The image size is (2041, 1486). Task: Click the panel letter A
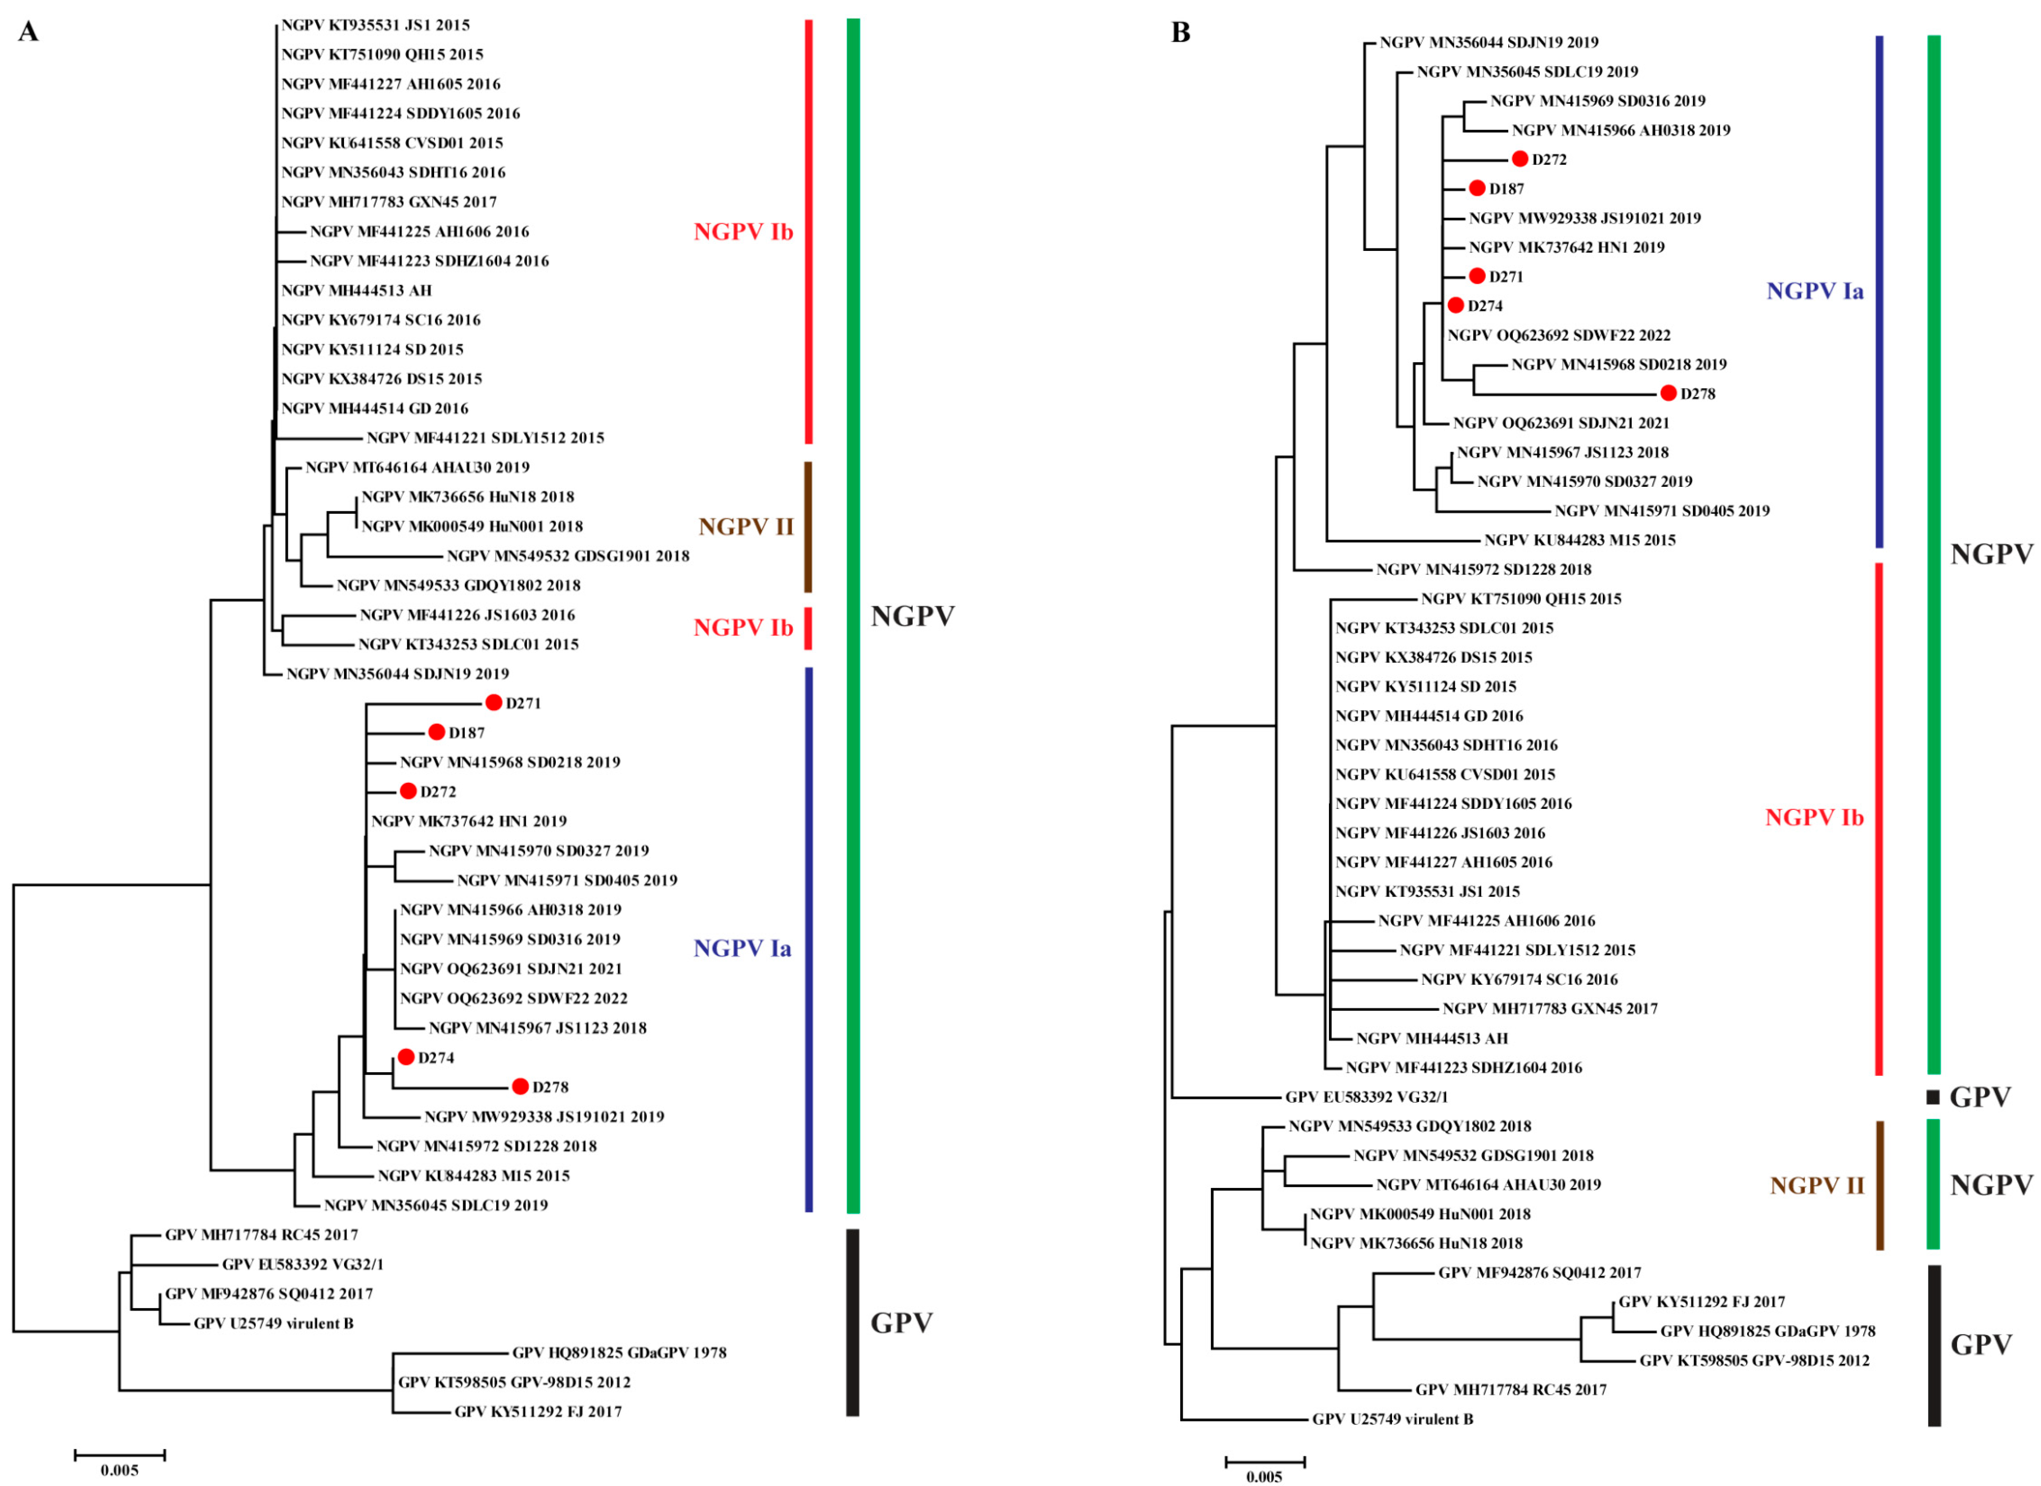tap(29, 33)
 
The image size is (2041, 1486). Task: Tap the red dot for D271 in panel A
tap(493, 702)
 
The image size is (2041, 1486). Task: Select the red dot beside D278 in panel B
tap(1668, 393)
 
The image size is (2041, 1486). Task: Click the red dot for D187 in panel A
tap(437, 732)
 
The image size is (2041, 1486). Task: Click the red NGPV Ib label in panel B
tap(1814, 817)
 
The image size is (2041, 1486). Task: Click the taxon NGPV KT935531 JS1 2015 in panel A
tap(375, 25)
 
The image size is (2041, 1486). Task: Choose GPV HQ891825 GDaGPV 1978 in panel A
tap(619, 1352)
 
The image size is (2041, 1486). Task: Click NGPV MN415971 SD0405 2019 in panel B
tap(1661, 510)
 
